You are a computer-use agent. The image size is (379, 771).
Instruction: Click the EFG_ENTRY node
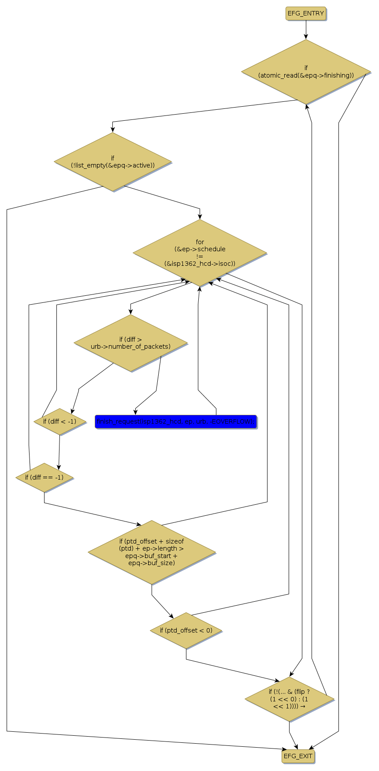(306, 13)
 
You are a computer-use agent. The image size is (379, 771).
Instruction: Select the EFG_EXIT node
(298, 756)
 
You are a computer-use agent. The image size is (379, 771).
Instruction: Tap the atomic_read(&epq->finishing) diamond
(306, 72)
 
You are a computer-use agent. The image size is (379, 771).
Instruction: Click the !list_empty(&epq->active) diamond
(113, 162)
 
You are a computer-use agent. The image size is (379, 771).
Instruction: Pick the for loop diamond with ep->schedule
(200, 253)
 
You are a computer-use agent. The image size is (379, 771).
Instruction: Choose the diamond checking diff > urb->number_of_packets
(130, 343)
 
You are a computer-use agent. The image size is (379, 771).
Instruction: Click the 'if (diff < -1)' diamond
(59, 421)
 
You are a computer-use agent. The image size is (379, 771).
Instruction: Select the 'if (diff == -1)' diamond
(44, 477)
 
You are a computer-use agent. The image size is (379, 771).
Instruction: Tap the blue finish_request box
(175, 422)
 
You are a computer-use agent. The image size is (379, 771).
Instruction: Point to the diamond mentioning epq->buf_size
(152, 552)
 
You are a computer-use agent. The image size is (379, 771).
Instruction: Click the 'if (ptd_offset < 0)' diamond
(186, 630)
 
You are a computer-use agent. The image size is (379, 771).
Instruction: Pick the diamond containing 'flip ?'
(289, 699)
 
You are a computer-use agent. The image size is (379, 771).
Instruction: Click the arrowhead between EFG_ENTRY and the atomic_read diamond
(306, 36)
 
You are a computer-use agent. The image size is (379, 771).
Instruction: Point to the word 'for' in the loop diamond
(200, 242)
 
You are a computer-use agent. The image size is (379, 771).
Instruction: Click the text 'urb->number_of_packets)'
(130, 346)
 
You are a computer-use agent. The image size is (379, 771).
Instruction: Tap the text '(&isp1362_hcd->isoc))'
(200, 264)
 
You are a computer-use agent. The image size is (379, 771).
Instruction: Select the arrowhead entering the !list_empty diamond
(113, 129)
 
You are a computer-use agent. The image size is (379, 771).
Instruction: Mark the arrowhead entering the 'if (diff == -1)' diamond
(58, 468)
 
